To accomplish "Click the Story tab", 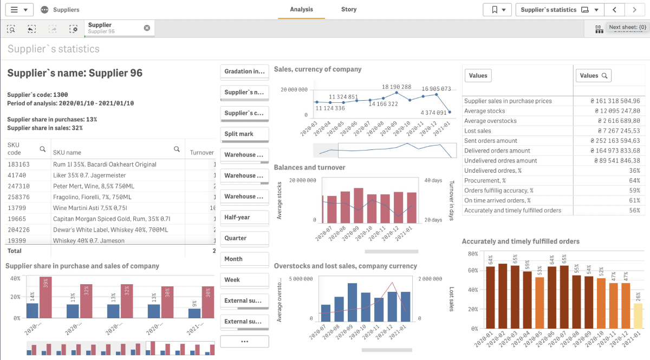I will (x=348, y=9).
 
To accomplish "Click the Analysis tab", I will (x=301, y=9).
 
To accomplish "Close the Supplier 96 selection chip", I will (x=147, y=28).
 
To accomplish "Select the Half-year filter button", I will (x=244, y=217).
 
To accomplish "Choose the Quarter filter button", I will (x=244, y=238).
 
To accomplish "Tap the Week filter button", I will (x=244, y=280).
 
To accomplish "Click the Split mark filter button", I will (x=244, y=134).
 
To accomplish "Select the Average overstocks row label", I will (x=490, y=121).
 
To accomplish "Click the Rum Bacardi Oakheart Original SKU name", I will (x=105, y=164).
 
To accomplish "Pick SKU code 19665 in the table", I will (x=18, y=219).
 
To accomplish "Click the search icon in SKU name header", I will (x=177, y=149).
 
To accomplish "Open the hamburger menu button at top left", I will (x=19, y=10).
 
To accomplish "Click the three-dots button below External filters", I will (x=244, y=342).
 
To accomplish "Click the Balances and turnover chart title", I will (x=309, y=167).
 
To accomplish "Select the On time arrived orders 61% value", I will (x=634, y=200).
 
